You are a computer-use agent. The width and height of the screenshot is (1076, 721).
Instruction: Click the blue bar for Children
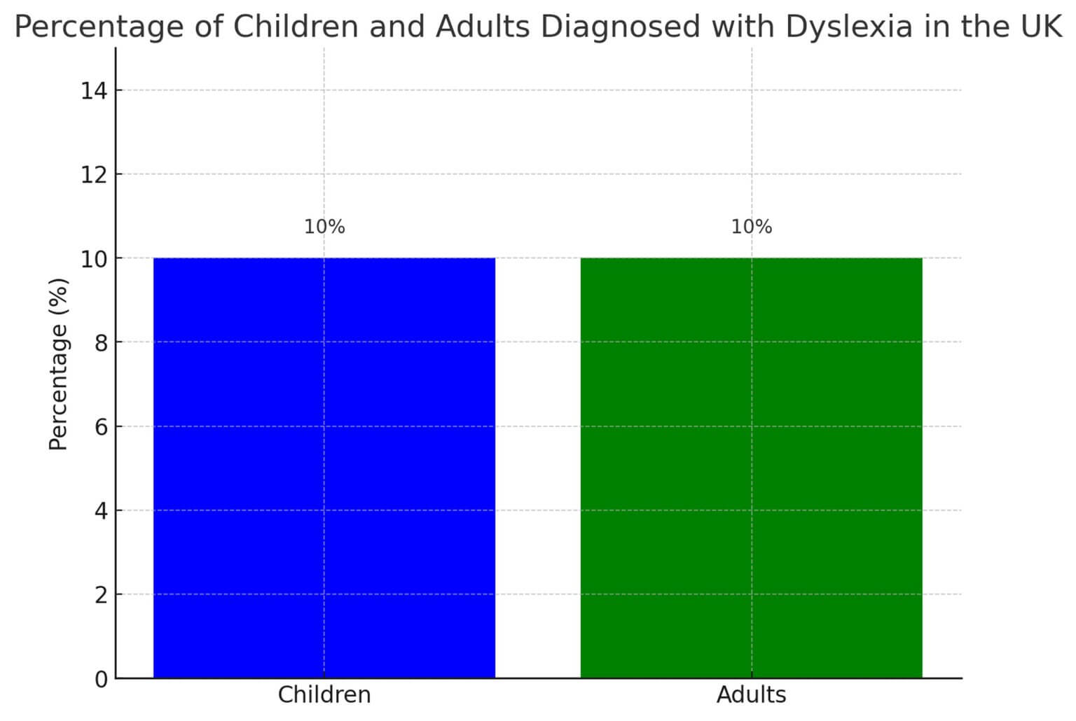point(324,468)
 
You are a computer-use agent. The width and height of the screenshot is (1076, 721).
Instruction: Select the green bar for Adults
point(751,468)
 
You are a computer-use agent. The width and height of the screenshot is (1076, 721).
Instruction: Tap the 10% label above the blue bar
point(324,227)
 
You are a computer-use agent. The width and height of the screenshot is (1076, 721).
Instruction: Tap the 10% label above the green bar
point(752,227)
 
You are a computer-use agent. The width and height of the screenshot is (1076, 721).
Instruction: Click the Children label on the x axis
point(324,695)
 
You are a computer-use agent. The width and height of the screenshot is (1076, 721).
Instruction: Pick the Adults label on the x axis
point(751,695)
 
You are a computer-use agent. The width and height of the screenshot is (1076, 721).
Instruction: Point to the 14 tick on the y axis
point(93,90)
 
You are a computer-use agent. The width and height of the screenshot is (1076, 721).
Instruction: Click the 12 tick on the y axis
point(93,174)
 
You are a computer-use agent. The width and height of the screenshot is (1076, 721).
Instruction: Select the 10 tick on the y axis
point(93,258)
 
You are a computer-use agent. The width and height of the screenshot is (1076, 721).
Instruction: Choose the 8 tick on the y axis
point(101,342)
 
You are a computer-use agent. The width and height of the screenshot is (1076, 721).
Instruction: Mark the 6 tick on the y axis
point(101,426)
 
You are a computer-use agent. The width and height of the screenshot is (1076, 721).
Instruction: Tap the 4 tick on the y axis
point(101,510)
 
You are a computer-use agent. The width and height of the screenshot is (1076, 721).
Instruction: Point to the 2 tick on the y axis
point(101,594)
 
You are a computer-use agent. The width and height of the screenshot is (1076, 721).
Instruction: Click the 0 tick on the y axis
point(101,678)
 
